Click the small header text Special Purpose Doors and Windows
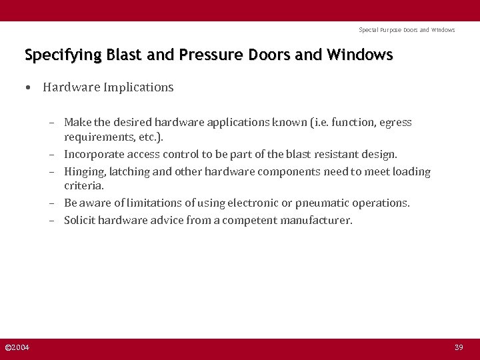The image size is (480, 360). (x=407, y=30)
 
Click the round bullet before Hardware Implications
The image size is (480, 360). (x=29, y=87)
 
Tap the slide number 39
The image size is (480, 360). (x=459, y=347)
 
